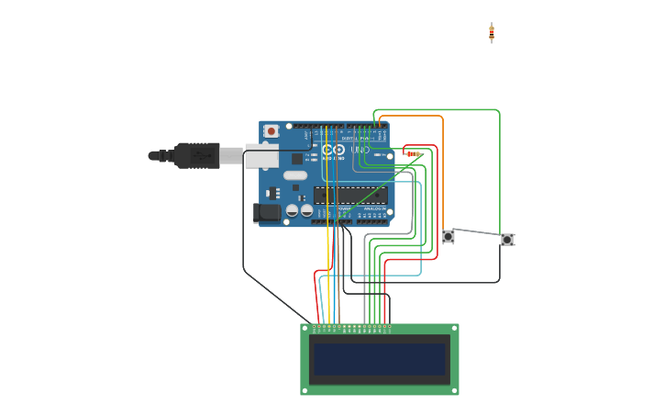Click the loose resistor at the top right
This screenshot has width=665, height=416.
tap(492, 32)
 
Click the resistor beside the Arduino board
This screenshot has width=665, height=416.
tap(413, 154)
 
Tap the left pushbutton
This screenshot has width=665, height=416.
tap(449, 236)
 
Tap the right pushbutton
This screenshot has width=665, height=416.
tap(507, 240)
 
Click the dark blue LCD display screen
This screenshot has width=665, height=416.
tap(379, 359)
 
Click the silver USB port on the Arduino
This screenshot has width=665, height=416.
tap(261, 157)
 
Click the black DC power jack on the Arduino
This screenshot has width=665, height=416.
tap(267, 212)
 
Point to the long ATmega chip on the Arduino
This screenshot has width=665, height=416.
tap(349, 195)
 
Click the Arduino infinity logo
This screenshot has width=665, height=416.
tap(333, 150)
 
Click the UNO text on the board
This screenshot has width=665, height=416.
tap(360, 150)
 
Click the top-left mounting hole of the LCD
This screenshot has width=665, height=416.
tap(305, 328)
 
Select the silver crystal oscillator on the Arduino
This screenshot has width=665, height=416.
tap(294, 175)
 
